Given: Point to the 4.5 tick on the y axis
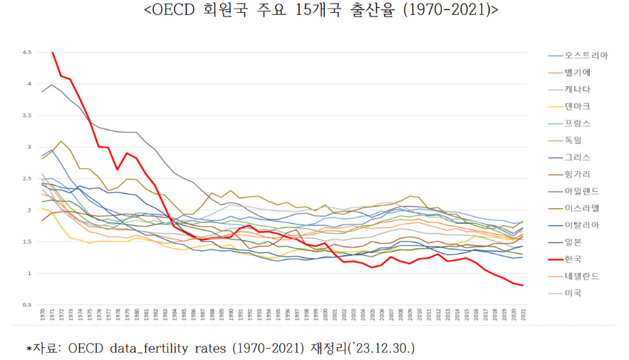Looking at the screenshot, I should point(26,53).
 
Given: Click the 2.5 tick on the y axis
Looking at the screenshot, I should point(26,179).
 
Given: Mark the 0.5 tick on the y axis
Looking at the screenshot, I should point(26,305).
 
